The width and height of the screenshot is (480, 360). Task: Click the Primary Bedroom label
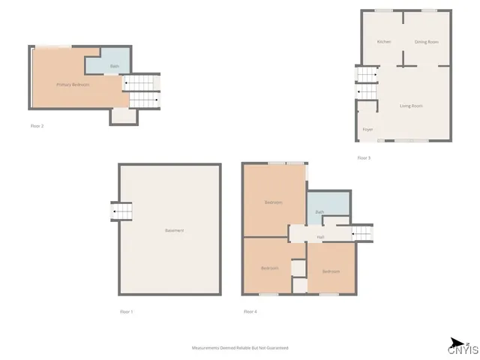(x=73, y=85)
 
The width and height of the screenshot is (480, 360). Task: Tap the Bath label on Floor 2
(x=114, y=67)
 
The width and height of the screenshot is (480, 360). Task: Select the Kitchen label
(x=384, y=42)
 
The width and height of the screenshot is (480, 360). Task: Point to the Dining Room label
(x=427, y=42)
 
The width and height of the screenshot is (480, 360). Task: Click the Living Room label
(x=411, y=106)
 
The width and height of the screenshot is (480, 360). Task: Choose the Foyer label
(x=367, y=130)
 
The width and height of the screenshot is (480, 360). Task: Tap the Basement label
(x=174, y=230)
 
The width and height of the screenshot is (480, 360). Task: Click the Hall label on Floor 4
(x=320, y=237)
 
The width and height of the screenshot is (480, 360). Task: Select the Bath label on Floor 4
(x=319, y=212)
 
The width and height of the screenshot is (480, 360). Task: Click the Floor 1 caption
(x=126, y=311)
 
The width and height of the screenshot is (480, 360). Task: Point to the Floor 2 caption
(x=37, y=126)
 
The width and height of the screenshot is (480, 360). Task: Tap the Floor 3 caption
(x=364, y=158)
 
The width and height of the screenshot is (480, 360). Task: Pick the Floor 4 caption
(x=250, y=311)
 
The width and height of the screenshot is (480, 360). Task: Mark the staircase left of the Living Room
(x=366, y=82)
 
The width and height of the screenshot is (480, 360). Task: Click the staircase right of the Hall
(x=362, y=232)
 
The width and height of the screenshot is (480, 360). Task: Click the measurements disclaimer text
(x=240, y=348)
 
